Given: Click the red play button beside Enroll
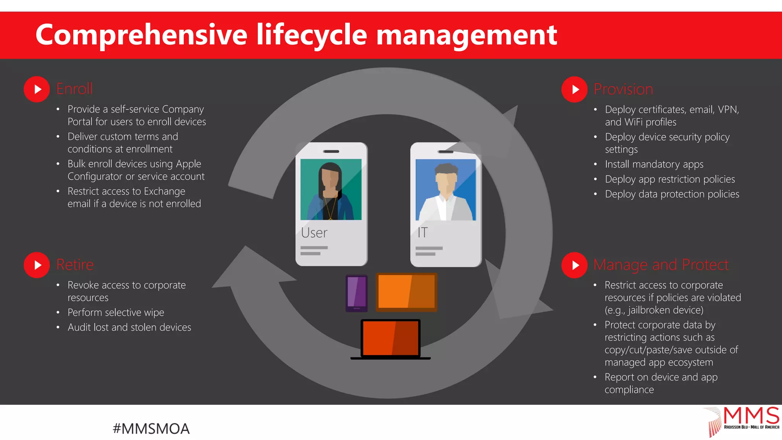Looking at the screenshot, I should click(x=37, y=89).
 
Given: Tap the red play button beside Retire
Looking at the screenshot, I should click(x=37, y=265).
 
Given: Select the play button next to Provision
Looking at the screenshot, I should click(x=574, y=89).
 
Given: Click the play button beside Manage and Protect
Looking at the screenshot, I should click(x=574, y=265).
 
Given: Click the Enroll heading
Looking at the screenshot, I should click(x=74, y=89).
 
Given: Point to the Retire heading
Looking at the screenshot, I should click(x=75, y=265).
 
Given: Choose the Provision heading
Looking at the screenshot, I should click(x=623, y=89).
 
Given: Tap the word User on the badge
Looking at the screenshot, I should click(x=314, y=233).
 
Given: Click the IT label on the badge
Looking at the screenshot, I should click(x=422, y=233).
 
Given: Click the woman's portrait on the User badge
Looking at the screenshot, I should click(x=331, y=189).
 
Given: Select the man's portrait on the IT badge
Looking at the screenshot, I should click(x=446, y=190).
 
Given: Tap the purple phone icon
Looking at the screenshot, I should click(x=357, y=293).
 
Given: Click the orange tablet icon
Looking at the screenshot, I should click(x=406, y=292).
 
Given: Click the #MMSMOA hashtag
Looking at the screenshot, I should click(x=151, y=429).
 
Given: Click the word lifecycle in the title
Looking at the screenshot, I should click(x=312, y=35).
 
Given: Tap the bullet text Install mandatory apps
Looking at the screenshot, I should click(x=654, y=164).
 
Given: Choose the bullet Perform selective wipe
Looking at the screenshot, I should click(x=116, y=312).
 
